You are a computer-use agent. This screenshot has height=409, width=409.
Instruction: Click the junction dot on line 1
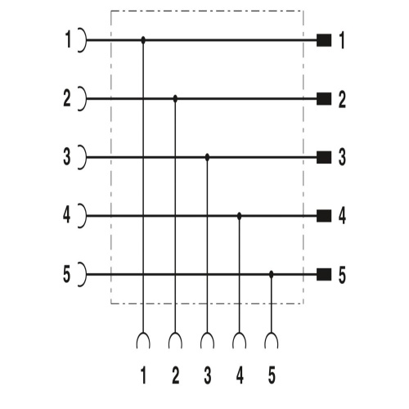click(143, 40)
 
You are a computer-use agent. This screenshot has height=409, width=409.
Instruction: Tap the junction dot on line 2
click(175, 99)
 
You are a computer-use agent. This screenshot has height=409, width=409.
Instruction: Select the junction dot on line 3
click(207, 157)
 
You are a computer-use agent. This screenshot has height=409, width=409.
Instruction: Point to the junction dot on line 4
click(240, 216)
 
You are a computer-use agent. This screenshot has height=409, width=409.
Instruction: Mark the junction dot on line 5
click(271, 274)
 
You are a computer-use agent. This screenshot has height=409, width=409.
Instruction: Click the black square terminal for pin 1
click(324, 40)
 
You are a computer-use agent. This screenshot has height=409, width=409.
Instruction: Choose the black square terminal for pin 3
click(324, 157)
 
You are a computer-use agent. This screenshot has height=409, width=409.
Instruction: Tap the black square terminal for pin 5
click(324, 274)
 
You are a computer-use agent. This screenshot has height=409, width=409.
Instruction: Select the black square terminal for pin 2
click(324, 99)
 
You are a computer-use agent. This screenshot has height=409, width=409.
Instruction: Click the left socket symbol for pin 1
click(85, 40)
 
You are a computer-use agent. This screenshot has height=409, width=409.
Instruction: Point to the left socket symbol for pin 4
click(85, 216)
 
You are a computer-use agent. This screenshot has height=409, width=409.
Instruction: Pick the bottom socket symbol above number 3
click(207, 334)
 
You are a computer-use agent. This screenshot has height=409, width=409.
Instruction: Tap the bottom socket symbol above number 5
click(271, 334)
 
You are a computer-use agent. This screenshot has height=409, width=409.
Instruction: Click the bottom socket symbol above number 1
click(143, 334)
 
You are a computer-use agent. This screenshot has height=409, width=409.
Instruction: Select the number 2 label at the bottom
click(176, 375)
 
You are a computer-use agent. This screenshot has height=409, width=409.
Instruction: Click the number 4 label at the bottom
click(240, 375)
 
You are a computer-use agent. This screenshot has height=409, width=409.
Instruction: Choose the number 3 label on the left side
click(67, 157)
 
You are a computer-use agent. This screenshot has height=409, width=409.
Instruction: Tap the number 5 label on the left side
click(67, 274)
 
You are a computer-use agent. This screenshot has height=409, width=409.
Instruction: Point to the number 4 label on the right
click(342, 216)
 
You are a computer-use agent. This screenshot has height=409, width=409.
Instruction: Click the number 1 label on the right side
click(341, 40)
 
